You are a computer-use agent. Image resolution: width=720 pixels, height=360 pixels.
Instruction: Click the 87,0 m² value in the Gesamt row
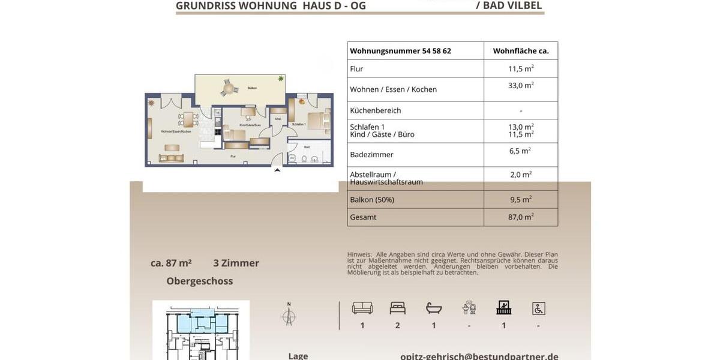click(x=521, y=217)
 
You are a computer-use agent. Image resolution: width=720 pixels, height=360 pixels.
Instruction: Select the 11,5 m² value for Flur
click(x=521, y=68)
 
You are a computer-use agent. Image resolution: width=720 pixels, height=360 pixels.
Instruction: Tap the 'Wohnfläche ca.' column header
click(x=521, y=51)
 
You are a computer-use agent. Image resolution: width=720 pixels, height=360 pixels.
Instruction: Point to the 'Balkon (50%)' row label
click(x=372, y=200)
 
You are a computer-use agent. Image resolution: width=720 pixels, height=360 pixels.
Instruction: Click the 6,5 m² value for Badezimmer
click(x=520, y=151)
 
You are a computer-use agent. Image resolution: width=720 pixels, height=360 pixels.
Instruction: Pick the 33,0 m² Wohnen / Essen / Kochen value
click(x=521, y=86)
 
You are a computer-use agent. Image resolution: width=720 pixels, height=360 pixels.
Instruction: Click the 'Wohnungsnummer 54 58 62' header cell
click(x=401, y=51)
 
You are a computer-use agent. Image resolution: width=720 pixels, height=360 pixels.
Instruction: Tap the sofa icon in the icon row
click(x=362, y=308)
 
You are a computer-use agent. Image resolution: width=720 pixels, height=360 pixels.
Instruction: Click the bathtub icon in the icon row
click(x=434, y=308)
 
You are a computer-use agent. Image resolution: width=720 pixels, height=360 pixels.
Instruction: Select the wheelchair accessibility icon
click(x=538, y=308)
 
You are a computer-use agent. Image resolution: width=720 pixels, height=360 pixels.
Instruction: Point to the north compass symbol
click(x=289, y=316)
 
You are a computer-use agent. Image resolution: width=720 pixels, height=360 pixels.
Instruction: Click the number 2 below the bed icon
click(x=398, y=326)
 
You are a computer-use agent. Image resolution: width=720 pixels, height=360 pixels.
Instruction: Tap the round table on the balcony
click(x=228, y=89)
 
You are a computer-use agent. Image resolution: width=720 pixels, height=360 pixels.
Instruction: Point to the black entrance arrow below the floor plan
click(x=277, y=170)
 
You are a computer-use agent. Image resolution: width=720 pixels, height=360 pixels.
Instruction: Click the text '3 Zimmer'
click(x=236, y=263)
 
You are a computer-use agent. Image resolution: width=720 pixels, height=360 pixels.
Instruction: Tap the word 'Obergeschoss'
click(x=200, y=281)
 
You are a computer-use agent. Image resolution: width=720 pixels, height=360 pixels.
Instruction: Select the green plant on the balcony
click(x=280, y=79)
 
